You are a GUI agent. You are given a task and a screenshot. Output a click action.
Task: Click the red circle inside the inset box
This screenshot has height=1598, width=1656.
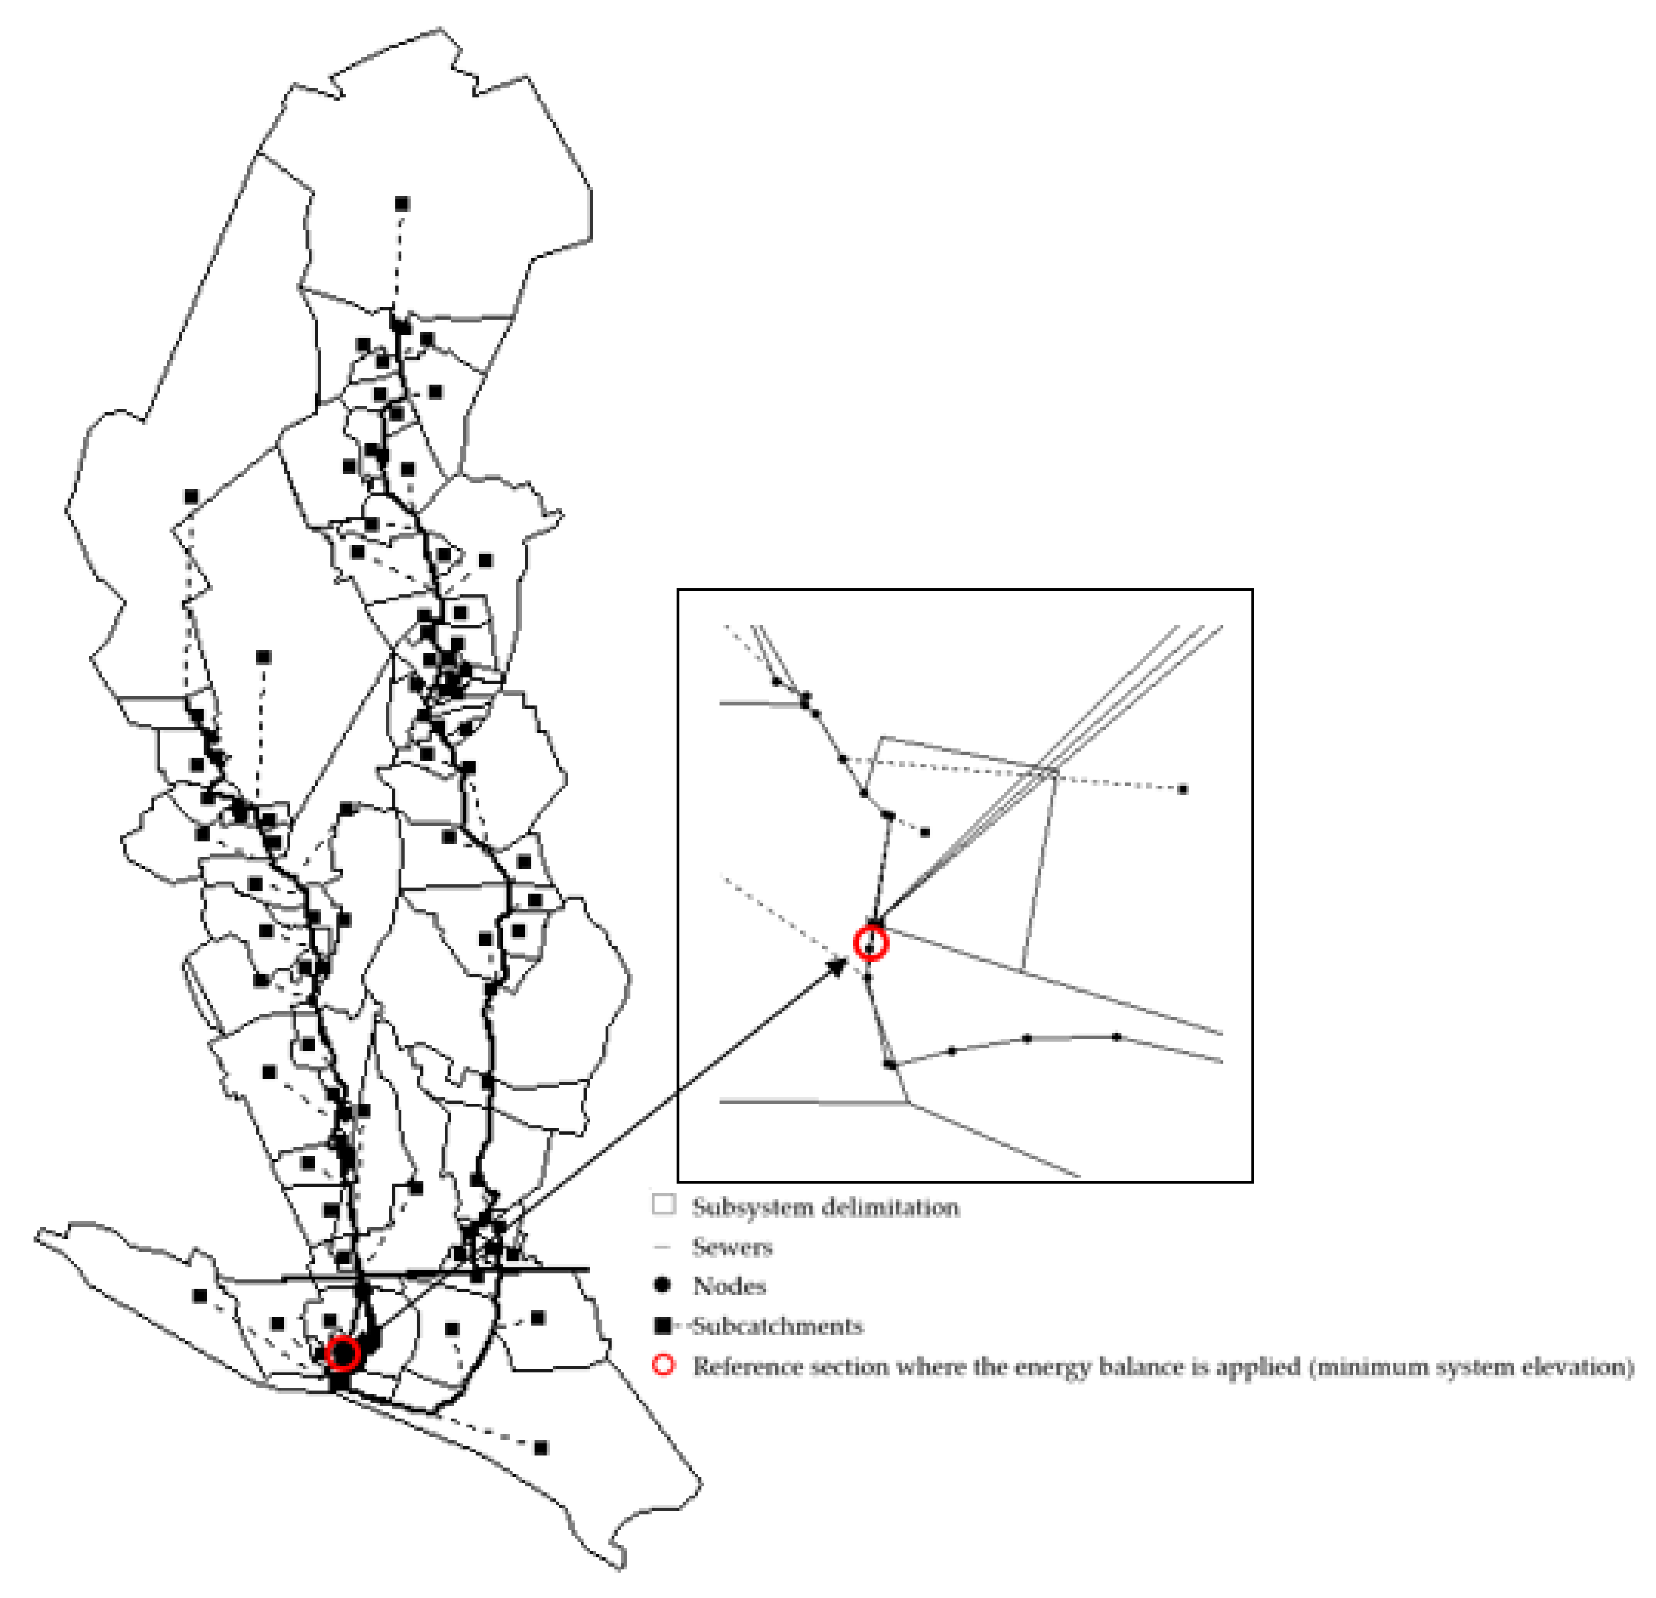click(x=870, y=943)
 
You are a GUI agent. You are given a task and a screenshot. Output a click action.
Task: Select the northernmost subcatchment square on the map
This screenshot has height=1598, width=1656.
click(x=402, y=204)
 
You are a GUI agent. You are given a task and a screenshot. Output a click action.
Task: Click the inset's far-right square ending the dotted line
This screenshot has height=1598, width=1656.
click(x=1183, y=790)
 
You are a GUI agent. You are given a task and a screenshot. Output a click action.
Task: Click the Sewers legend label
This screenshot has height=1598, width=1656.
click(x=732, y=1246)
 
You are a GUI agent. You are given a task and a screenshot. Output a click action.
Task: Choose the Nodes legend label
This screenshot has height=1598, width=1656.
click(x=729, y=1285)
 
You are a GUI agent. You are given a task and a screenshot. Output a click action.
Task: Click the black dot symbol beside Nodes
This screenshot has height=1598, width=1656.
click(x=663, y=1285)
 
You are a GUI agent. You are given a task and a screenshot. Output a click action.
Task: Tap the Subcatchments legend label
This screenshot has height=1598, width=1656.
click(x=778, y=1326)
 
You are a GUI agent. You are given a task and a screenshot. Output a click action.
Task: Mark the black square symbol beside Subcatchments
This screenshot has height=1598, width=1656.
click(x=663, y=1325)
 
